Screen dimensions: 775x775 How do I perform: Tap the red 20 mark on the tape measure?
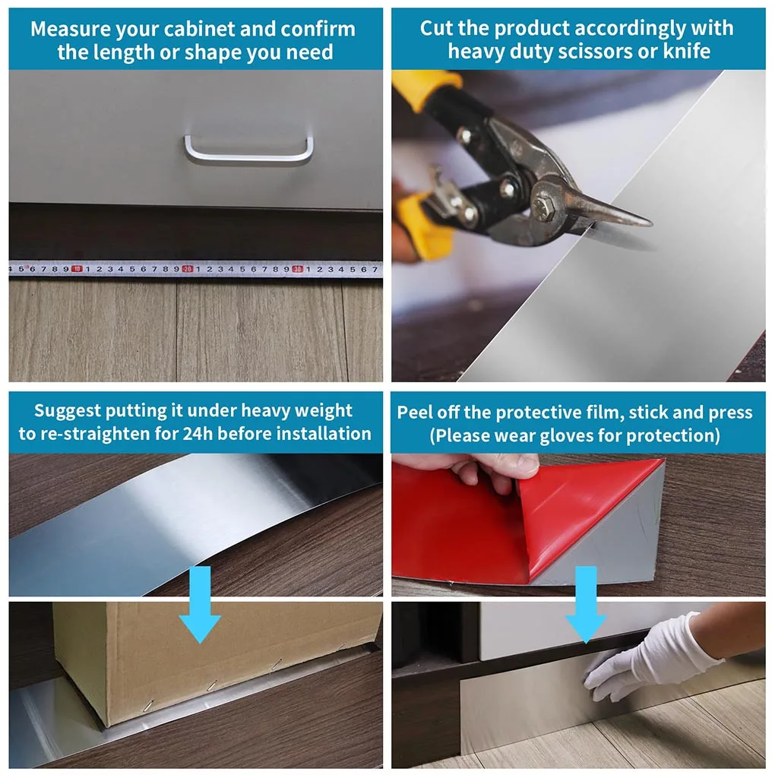(187, 268)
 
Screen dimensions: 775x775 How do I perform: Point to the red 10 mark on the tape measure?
(77, 268)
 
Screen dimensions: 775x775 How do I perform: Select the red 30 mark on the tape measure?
(298, 268)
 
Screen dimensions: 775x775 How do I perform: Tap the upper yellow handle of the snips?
(425, 90)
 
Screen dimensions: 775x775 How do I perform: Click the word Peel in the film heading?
(414, 413)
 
